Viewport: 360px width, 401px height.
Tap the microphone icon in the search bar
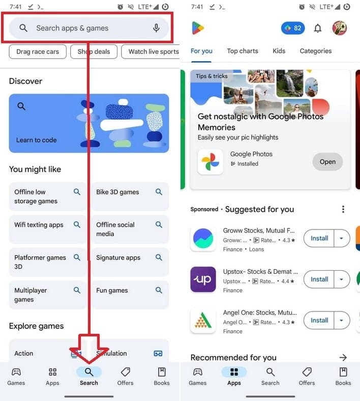coord(157,28)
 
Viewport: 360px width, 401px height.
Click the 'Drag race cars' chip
coord(38,51)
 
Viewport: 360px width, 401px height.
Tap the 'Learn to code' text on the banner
coord(36,140)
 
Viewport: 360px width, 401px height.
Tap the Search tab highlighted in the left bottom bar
coord(89,376)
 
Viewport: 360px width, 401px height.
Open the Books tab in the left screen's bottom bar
coord(162,376)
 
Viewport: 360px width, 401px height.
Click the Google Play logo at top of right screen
coord(198,28)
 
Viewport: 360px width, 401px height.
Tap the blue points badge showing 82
coord(293,28)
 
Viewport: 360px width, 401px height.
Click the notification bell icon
coord(318,28)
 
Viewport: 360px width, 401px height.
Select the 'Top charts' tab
coord(243,51)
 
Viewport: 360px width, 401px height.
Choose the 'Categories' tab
coord(316,51)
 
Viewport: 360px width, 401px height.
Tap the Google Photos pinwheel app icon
coord(210,162)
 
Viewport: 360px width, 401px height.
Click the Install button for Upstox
coord(319,279)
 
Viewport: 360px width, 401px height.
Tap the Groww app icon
coord(203,238)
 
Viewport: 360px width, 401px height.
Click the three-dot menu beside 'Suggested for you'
coord(343,209)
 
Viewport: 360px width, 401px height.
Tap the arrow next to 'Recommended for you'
coord(343,358)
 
